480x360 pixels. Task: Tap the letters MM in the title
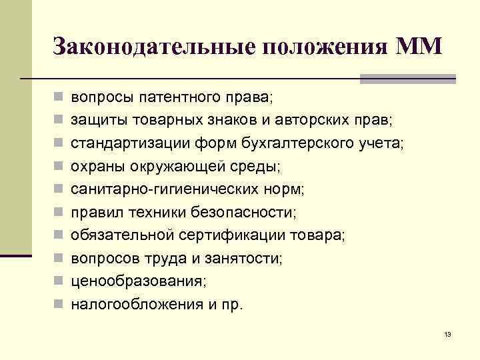pyautogui.click(x=418, y=47)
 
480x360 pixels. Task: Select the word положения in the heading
pyautogui.click(x=323, y=48)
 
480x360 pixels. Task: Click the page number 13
pyautogui.click(x=447, y=335)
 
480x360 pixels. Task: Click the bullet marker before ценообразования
pyautogui.click(x=59, y=281)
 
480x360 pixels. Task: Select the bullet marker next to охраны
pyautogui.click(x=59, y=166)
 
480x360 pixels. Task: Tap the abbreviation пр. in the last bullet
pyautogui.click(x=234, y=305)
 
